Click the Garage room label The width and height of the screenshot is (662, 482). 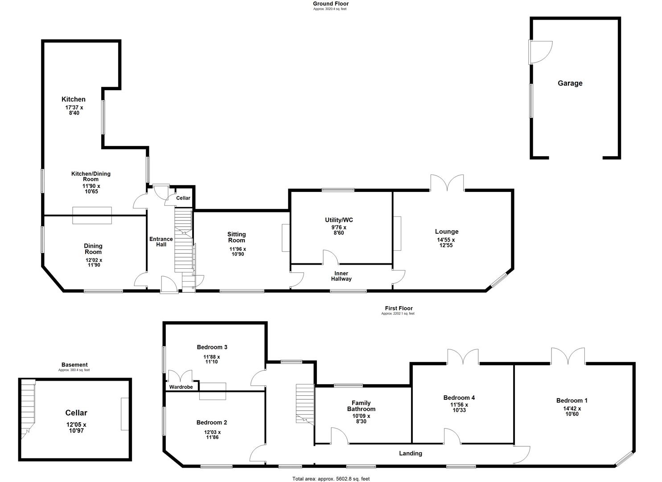pos(570,83)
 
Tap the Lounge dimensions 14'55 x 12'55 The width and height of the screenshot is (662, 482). pos(446,242)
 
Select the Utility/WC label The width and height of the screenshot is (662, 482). pos(339,220)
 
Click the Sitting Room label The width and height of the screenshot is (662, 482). pos(236,237)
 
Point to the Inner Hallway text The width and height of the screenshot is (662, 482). pos(341,276)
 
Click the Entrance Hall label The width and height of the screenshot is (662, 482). pos(161,241)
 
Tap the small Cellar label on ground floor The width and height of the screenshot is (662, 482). pos(183,198)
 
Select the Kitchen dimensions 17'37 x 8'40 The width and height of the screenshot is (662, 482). pos(74,110)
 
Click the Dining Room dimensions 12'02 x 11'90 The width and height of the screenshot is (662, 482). pos(93,262)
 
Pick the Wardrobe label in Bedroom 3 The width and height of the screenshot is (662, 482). pos(181,387)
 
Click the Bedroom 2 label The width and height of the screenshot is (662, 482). pos(212,422)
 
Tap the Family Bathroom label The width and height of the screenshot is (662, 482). pos(361,406)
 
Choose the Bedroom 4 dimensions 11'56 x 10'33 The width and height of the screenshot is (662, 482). pos(459,407)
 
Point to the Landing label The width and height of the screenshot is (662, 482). pos(410,453)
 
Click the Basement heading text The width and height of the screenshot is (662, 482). pos(74,365)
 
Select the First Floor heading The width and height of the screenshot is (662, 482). pos(399,308)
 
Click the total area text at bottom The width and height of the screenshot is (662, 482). pos(331,479)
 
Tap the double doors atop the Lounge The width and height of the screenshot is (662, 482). pos(447,183)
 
